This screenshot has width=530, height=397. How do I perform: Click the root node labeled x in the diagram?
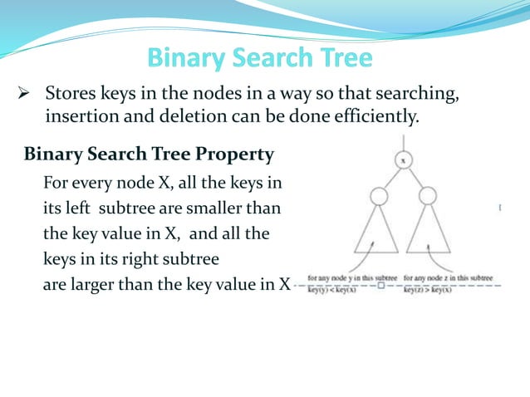pyautogui.click(x=403, y=159)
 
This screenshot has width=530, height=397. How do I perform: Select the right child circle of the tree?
pyautogui.click(x=428, y=197)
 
